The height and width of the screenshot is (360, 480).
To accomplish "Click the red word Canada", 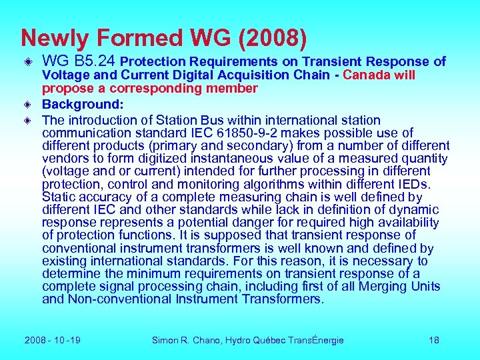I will click(365, 75).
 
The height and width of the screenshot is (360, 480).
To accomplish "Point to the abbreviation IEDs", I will click(414, 184).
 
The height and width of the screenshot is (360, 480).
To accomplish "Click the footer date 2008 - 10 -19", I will click(53, 340).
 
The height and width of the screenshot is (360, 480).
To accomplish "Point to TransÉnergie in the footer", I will click(312, 340).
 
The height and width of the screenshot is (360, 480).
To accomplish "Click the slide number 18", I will click(434, 340).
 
